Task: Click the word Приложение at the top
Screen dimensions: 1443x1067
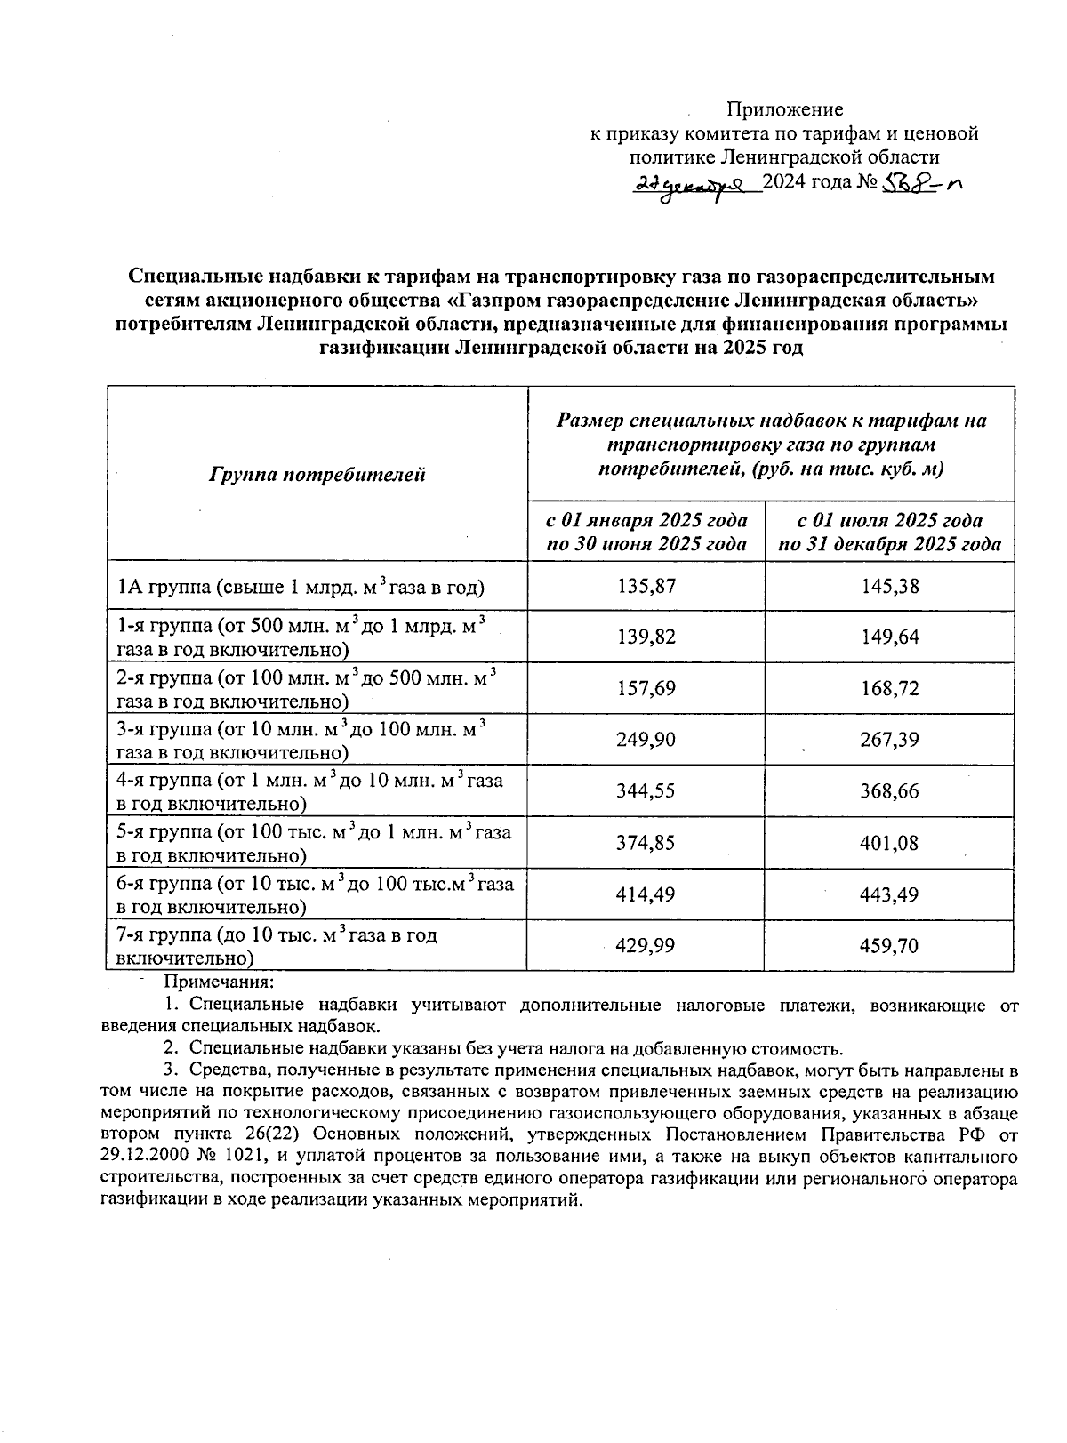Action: [x=785, y=109]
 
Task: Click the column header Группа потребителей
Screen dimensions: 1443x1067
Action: [x=317, y=474]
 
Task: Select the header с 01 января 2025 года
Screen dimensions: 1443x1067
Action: [x=646, y=520]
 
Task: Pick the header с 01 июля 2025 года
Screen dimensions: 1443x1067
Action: [x=889, y=520]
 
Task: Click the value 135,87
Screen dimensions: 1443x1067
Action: [x=646, y=586]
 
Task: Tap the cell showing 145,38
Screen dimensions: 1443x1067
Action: [x=889, y=586]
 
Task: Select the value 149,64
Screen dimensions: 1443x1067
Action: [x=889, y=637]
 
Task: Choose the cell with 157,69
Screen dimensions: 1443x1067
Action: [x=646, y=688]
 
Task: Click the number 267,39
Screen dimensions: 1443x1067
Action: [x=889, y=740]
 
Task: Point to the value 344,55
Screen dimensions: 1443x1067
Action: [x=646, y=791]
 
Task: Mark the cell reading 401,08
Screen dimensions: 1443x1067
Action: [x=889, y=843]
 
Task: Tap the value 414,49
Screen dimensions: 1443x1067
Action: [x=646, y=894]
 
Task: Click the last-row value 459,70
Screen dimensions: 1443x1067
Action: [x=889, y=945]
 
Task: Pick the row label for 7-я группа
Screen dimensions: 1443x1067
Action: [x=277, y=946]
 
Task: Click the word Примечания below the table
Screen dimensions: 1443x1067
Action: [x=219, y=982]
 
